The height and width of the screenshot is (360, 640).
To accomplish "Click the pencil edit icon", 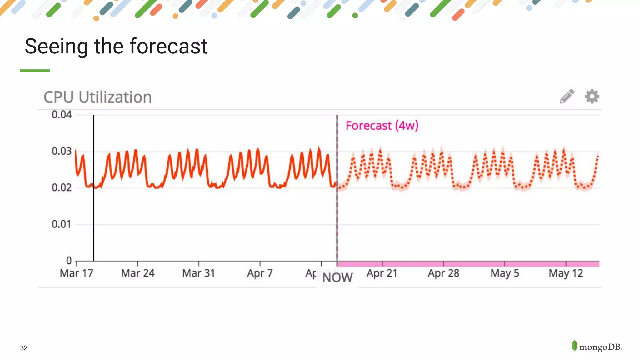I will (x=567, y=96).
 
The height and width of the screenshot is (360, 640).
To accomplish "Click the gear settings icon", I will (x=592, y=96).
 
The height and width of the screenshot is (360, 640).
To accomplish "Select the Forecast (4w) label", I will (x=382, y=126).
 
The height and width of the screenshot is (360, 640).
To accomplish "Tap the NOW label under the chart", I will (x=337, y=277).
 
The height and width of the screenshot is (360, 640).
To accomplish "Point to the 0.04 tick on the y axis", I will (x=62, y=115).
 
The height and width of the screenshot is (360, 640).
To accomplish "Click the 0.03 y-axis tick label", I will (x=62, y=151).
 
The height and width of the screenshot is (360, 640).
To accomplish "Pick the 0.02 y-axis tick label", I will (x=62, y=188).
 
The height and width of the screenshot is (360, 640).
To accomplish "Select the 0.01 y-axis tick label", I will (x=62, y=224).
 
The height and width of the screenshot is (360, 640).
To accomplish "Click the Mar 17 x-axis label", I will (x=77, y=273).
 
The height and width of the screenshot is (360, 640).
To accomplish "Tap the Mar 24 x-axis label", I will (x=138, y=273).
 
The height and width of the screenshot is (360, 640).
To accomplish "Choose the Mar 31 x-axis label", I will (x=199, y=273).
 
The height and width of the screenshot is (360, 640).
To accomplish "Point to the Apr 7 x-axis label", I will (x=260, y=273).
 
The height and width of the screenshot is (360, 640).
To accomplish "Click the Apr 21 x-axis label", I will (x=382, y=273).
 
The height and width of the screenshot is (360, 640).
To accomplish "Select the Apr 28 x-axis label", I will (x=443, y=273).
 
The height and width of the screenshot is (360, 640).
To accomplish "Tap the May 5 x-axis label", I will (x=505, y=273).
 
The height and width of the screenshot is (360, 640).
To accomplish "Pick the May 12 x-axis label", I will (x=566, y=273).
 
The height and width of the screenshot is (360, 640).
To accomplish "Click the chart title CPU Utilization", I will (x=97, y=97).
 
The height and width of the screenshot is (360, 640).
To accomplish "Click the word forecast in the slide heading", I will (x=168, y=46).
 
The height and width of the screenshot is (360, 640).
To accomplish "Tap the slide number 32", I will (x=24, y=348).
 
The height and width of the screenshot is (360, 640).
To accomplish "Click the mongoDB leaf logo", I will (x=574, y=346).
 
